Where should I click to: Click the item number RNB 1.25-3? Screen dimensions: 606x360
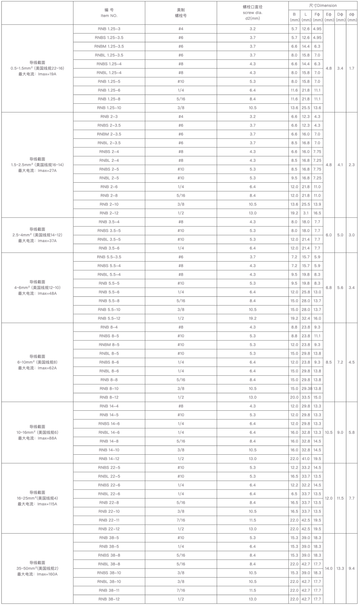[109, 29]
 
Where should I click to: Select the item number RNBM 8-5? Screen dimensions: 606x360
[109, 345]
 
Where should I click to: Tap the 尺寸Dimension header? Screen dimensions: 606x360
[323, 5]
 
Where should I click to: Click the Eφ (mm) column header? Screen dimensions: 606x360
[329, 17]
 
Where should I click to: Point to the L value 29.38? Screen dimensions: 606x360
[306, 388]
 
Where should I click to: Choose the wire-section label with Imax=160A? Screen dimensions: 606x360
[37, 568]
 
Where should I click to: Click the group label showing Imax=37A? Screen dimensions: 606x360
[37, 235]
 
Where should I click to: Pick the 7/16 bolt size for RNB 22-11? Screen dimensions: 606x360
[181, 520]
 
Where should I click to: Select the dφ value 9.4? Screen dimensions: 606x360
[351, 568]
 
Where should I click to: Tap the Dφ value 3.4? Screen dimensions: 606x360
[340, 68]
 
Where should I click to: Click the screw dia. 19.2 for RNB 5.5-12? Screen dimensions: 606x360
[252, 318]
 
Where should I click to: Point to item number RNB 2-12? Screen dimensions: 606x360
[109, 213]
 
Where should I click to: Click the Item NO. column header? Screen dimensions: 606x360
[109, 13]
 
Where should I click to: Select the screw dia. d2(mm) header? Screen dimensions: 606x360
[252, 13]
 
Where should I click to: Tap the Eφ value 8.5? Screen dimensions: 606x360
[329, 362]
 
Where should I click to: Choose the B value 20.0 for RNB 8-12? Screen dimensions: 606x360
[294, 397]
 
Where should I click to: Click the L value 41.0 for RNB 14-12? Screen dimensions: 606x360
[306, 459]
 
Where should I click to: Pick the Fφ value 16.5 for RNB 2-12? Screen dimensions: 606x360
[317, 213]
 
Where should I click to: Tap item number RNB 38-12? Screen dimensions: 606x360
[109, 599]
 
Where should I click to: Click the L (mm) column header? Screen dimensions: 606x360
[306, 17]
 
